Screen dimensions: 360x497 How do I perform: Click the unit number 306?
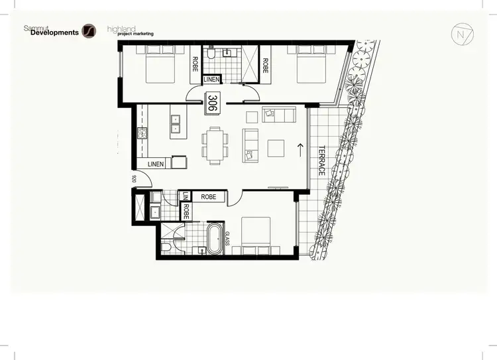(x=213, y=103)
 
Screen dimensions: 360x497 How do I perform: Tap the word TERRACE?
(x=321, y=160)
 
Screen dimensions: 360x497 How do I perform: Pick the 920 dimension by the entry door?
(x=134, y=178)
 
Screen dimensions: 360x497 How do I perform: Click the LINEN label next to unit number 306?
(x=211, y=80)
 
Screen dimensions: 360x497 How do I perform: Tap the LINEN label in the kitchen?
(x=156, y=163)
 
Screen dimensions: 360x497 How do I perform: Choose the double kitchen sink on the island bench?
(x=176, y=121)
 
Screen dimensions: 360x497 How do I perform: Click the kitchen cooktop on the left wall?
(x=141, y=133)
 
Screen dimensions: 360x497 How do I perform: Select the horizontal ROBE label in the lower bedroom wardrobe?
(x=209, y=197)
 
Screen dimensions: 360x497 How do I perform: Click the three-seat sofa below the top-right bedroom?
(x=276, y=115)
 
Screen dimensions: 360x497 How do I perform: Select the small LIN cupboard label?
(x=186, y=197)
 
